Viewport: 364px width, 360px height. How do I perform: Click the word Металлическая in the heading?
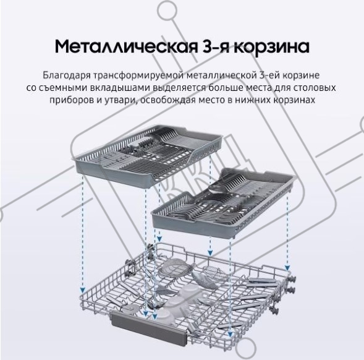pos(125,47)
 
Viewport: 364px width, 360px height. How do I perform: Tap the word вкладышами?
pos(120,88)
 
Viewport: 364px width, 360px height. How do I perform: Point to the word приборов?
pos(71,100)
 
